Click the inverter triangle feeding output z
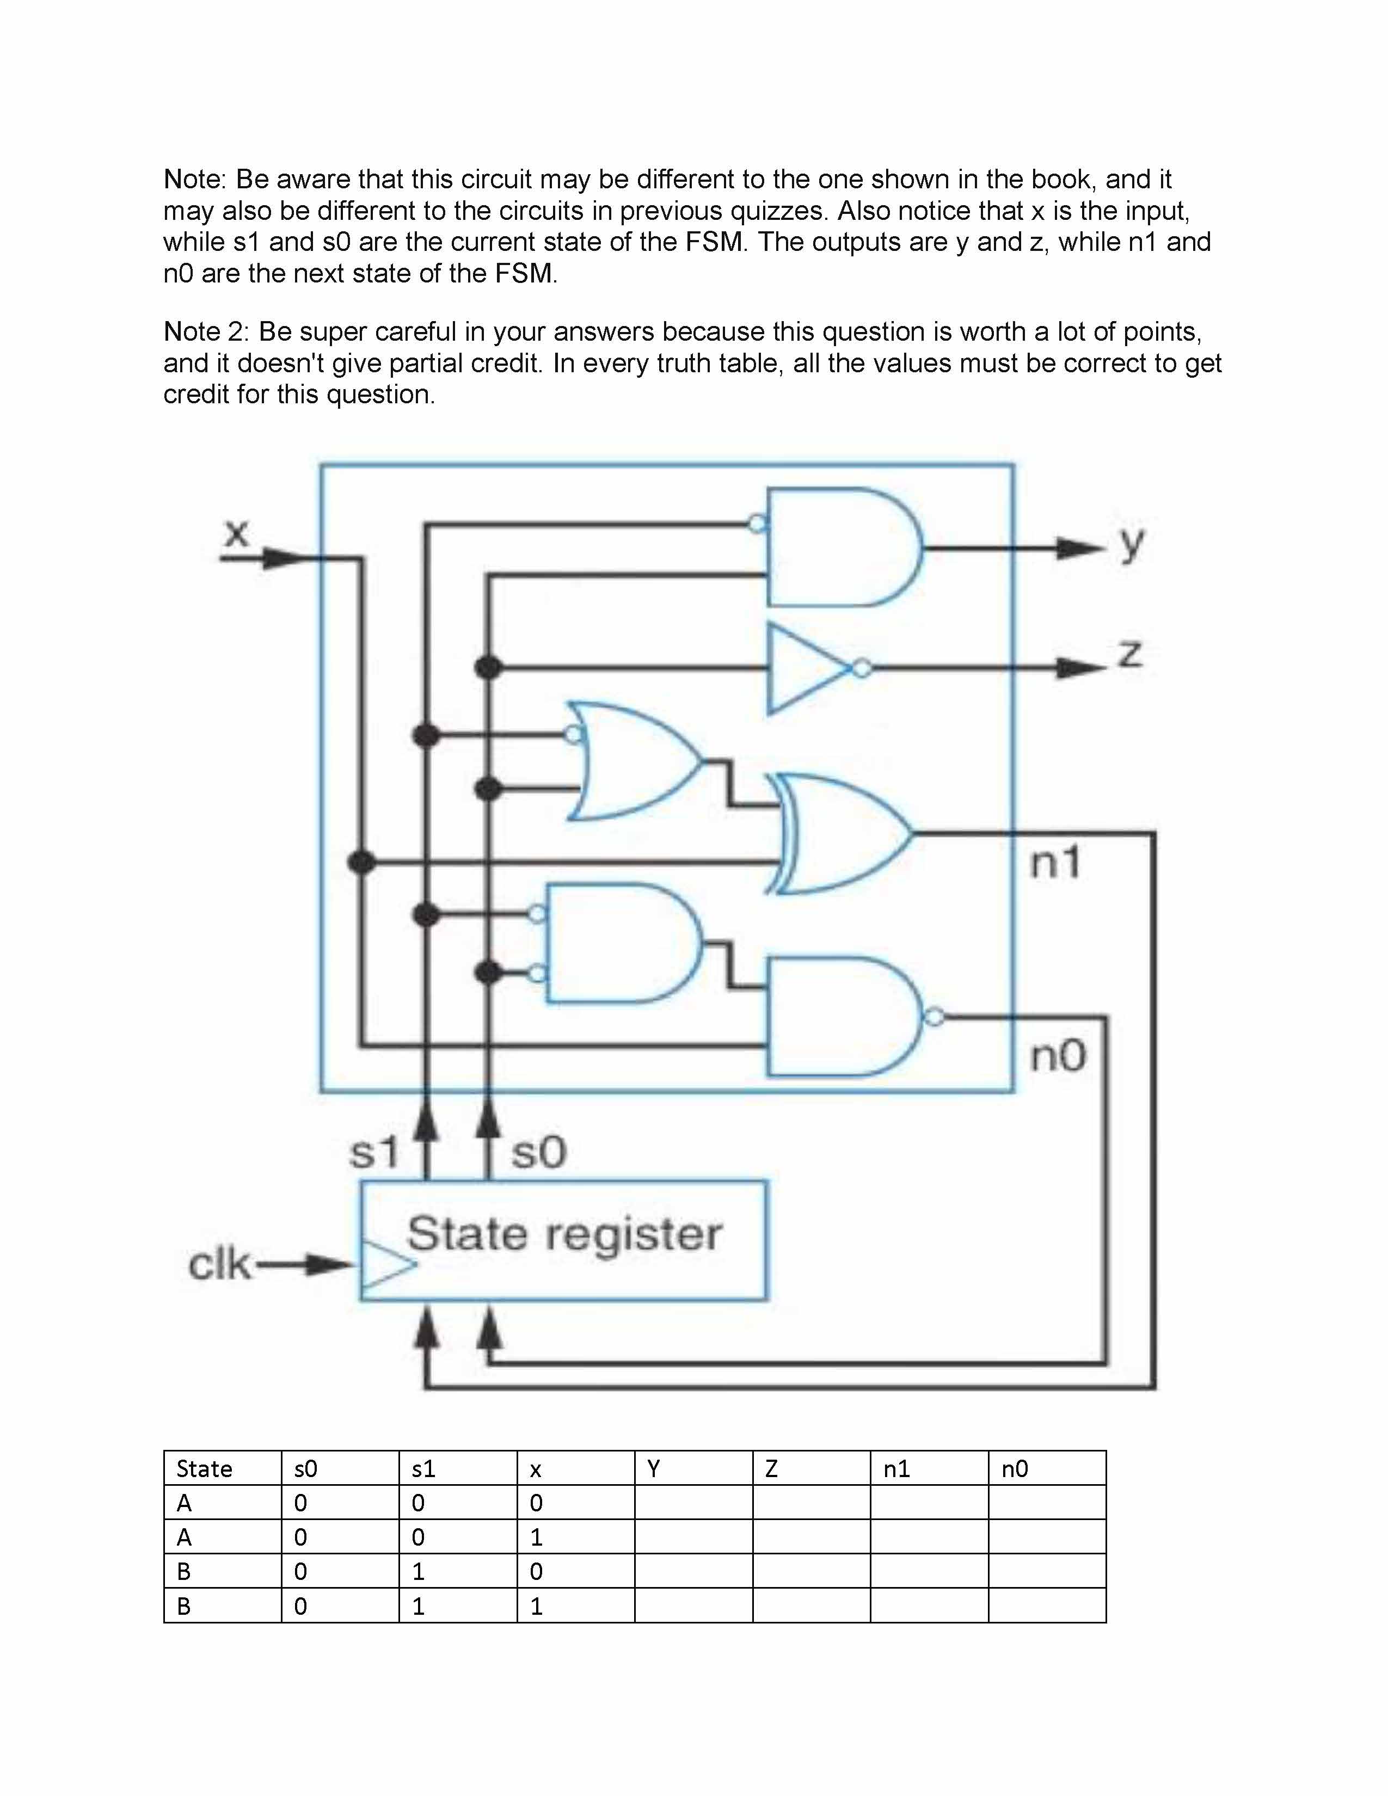pyautogui.click(x=806, y=668)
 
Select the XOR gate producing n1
pyautogui.click(x=843, y=833)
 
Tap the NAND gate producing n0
pyautogui.click(x=843, y=1017)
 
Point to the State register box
pyautogui.click(x=564, y=1242)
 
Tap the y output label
pyautogui.click(x=1132, y=543)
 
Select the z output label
pyautogui.click(x=1131, y=654)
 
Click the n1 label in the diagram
pyautogui.click(x=1055, y=863)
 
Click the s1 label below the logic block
pyautogui.click(x=374, y=1151)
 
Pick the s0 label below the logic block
pyautogui.click(x=538, y=1151)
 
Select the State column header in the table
pyautogui.click(x=204, y=1469)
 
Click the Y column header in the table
pyautogui.click(x=654, y=1469)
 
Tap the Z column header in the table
pyautogui.click(x=771, y=1469)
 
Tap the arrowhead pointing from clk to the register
pyautogui.click(x=333, y=1264)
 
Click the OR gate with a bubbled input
pyautogui.click(x=633, y=761)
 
